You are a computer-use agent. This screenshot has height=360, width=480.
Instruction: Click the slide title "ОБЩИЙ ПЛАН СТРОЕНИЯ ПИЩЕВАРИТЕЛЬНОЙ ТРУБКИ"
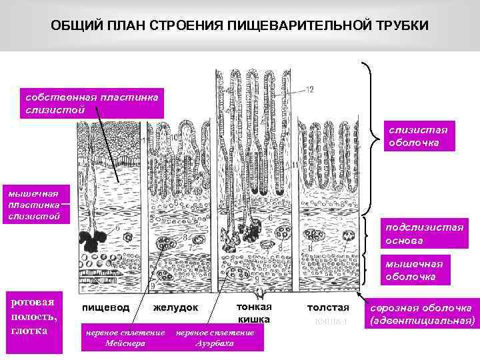(240, 25)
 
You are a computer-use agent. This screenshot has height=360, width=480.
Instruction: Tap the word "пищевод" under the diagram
(106, 308)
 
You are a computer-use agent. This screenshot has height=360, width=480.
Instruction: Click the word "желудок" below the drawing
(176, 308)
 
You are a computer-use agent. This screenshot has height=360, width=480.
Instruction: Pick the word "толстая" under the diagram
(328, 308)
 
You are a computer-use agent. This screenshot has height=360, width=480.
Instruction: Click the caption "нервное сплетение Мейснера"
(123, 338)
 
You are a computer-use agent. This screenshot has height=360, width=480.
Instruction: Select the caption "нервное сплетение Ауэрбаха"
(214, 338)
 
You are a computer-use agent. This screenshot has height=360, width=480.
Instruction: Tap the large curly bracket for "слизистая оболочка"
(371, 137)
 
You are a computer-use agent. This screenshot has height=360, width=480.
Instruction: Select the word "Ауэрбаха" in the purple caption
(214, 343)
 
